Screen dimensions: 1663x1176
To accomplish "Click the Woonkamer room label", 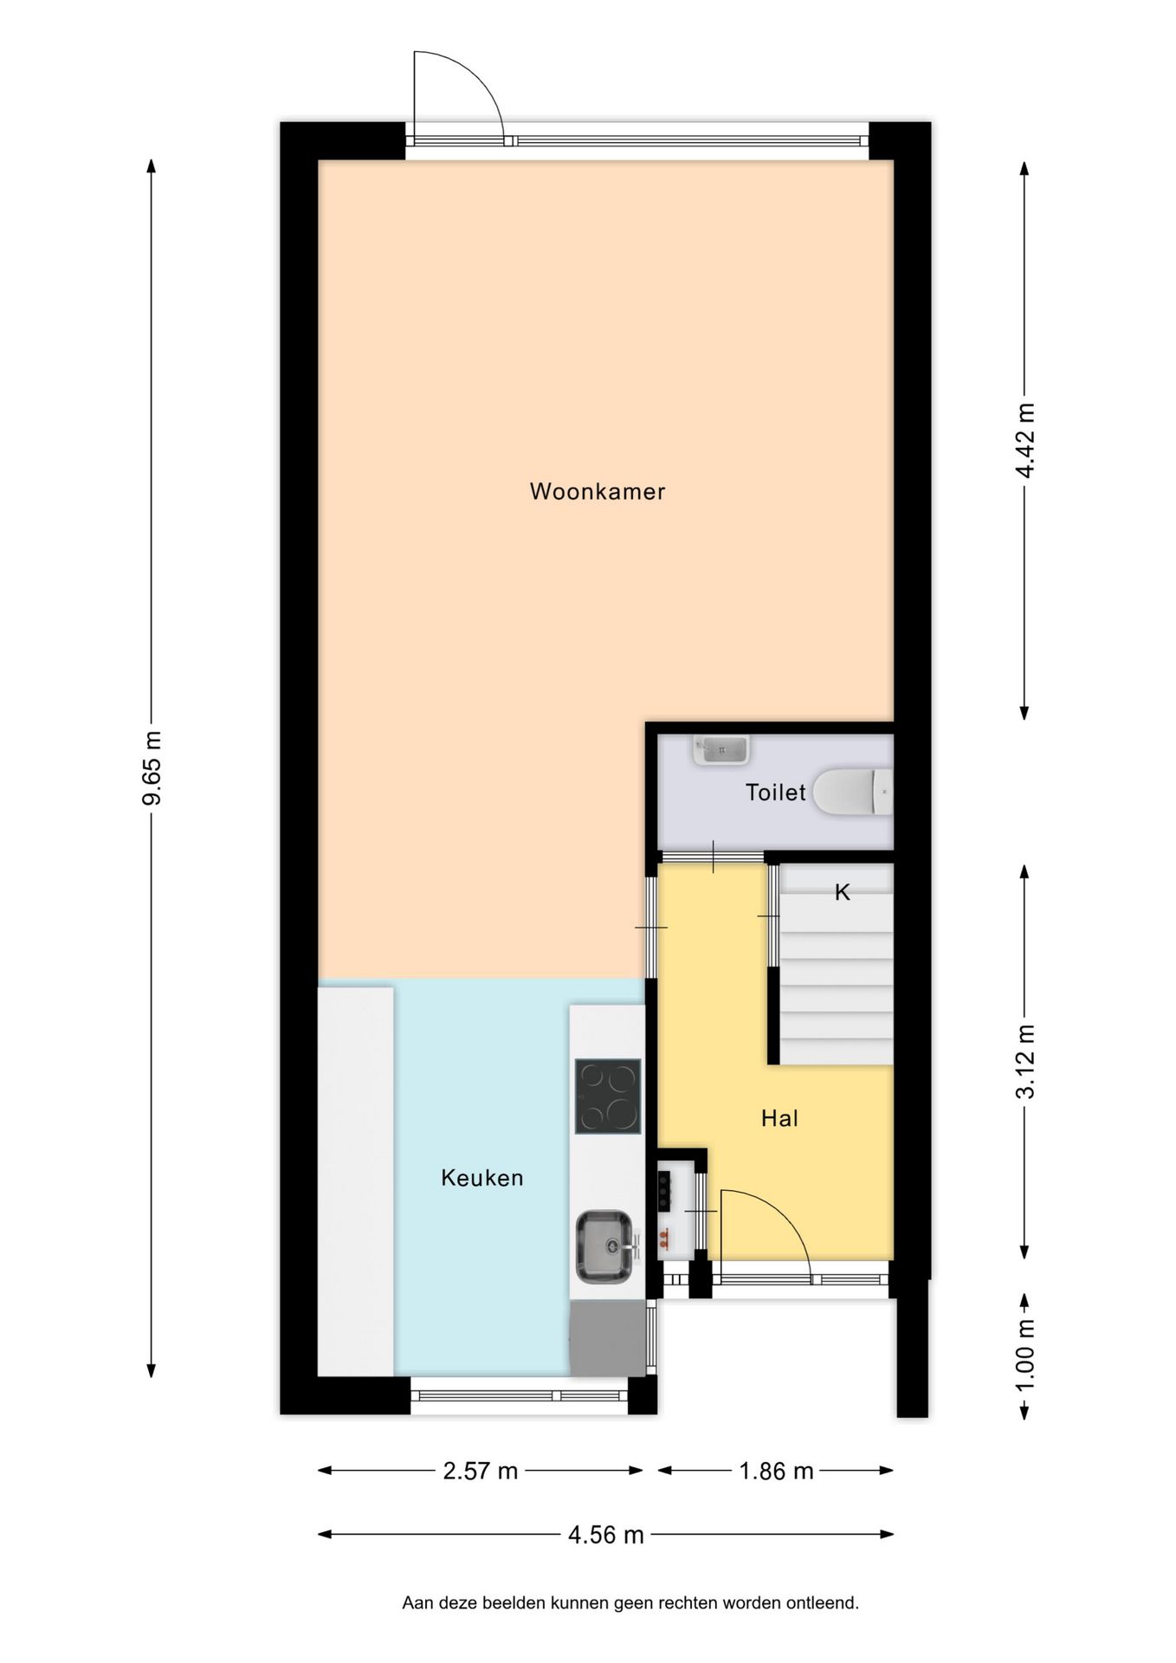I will [597, 491].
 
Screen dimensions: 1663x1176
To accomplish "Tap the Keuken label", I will [481, 1177].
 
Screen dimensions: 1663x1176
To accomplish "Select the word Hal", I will [779, 1118].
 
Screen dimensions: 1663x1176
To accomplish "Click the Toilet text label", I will [775, 792].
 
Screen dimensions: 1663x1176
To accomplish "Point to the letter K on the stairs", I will [842, 892].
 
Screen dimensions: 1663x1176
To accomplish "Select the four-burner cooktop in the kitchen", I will [608, 1097].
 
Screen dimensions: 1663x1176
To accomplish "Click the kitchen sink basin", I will [604, 1246].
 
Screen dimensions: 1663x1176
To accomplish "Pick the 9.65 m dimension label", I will [152, 767].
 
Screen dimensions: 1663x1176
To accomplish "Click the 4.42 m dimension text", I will [1025, 440].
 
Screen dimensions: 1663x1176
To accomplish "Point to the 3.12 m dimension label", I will [1025, 1060].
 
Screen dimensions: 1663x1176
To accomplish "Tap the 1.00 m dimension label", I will [1025, 1356].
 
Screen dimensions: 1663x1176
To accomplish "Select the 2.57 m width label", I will [480, 1471].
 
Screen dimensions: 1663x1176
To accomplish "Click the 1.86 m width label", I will [776, 1471].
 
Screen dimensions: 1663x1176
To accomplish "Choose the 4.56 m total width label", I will [605, 1535].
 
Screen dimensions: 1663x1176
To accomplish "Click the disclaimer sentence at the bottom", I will [630, 1603].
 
